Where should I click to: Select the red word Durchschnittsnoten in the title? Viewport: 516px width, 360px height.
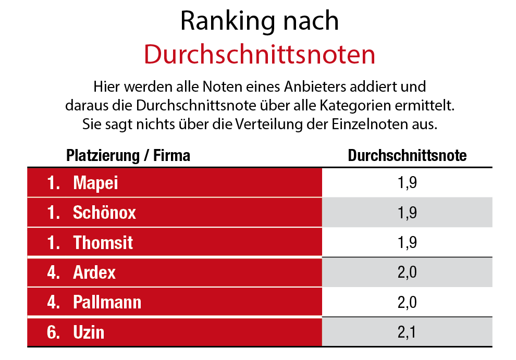[259, 54]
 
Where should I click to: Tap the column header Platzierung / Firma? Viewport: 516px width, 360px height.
[128, 155]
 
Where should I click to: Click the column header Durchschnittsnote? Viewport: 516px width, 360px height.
[407, 155]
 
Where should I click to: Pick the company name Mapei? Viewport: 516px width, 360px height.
[96, 183]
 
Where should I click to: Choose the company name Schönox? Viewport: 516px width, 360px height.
[104, 213]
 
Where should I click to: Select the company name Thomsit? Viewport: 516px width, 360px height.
[103, 242]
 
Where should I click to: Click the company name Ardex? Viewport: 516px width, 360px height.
[94, 272]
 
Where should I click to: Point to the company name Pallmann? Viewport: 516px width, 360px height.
[107, 302]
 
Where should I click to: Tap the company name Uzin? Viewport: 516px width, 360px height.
[89, 332]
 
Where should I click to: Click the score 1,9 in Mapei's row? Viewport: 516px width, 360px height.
[407, 183]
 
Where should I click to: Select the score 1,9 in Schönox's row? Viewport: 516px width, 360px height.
[407, 213]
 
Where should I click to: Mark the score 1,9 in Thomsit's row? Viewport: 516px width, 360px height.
[407, 242]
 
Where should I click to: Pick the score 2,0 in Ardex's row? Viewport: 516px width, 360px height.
[407, 272]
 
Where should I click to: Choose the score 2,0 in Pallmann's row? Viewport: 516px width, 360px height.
[407, 302]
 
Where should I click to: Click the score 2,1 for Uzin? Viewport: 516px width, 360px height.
[407, 332]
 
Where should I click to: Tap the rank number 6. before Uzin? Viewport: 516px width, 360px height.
[53, 332]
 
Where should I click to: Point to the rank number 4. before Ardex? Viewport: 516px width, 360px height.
[53, 272]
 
